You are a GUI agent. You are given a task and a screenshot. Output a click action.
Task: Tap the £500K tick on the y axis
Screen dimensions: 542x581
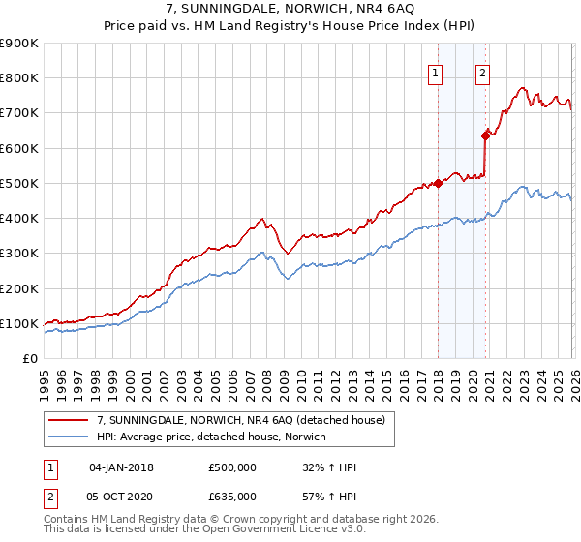[19, 183]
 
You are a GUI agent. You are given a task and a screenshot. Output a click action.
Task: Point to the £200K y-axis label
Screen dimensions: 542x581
[19, 288]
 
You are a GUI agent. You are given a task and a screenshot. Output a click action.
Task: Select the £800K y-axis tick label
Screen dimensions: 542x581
[19, 78]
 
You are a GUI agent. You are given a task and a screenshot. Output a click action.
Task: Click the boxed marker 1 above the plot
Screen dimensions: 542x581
[436, 72]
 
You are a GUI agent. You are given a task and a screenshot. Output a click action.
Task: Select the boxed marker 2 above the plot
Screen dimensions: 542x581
[482, 72]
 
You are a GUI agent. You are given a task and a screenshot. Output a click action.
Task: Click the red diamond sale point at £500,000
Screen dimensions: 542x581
[438, 183]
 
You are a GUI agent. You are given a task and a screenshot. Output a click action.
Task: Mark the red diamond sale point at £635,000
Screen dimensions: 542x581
[485, 135]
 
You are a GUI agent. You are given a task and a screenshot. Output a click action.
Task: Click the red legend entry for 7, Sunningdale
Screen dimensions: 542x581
[241, 420]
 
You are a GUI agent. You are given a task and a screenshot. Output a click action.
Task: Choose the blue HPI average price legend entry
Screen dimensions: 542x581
[212, 437]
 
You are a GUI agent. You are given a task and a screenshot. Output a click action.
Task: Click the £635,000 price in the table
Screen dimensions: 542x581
[232, 496]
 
